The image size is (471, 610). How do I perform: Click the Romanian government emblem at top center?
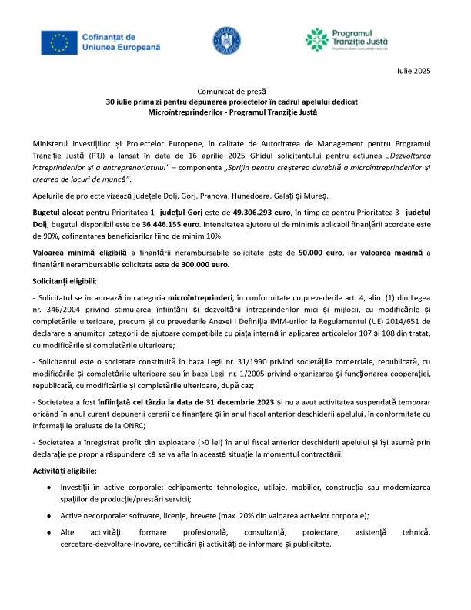coord(233,42)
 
